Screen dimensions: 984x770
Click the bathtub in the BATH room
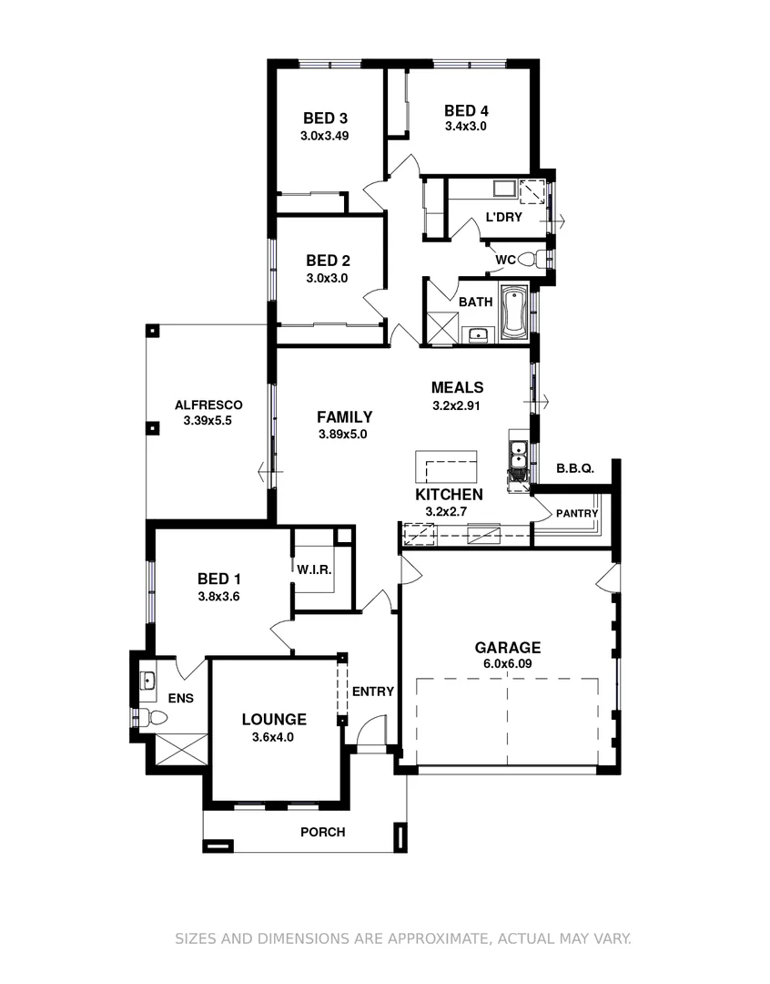pyautogui.click(x=514, y=313)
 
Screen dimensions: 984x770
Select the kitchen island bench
pyautogui.click(x=446, y=467)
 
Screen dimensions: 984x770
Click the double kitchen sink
pyautogui.click(x=517, y=454)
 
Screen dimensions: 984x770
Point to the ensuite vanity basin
pyautogui.click(x=147, y=680)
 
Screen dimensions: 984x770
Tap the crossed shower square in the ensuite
pyautogui.click(x=182, y=753)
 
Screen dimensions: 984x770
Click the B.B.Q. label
pyautogui.click(x=574, y=468)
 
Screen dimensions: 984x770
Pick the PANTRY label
pyautogui.click(x=577, y=514)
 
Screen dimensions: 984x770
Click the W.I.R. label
pyautogui.click(x=313, y=569)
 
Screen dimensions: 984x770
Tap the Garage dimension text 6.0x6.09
pyautogui.click(x=507, y=663)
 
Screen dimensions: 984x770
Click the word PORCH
pyautogui.click(x=322, y=832)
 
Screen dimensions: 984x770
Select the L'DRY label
pyautogui.click(x=503, y=217)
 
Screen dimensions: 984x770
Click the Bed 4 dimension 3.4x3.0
pyautogui.click(x=465, y=127)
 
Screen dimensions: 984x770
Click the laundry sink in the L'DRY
pyautogui.click(x=503, y=190)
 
